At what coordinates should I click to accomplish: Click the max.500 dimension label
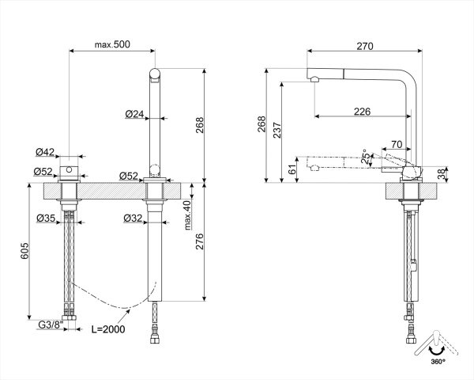point(112,44)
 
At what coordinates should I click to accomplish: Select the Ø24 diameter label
point(134,114)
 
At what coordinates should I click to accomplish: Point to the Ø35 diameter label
point(44,218)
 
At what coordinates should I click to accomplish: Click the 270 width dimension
point(364,47)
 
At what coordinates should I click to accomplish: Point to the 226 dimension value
point(362,112)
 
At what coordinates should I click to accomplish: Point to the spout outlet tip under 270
point(314,79)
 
